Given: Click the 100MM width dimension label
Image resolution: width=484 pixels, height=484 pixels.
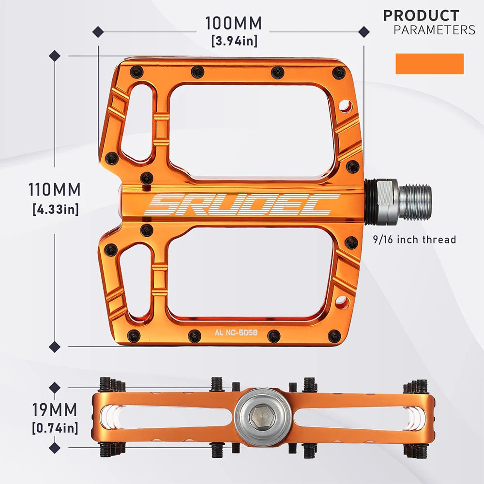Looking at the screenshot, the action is pyautogui.click(x=233, y=23).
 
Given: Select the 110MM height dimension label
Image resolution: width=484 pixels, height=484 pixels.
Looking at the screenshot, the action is pyautogui.click(x=54, y=189).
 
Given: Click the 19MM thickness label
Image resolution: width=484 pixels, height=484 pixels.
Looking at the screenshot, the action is pyautogui.click(x=55, y=410).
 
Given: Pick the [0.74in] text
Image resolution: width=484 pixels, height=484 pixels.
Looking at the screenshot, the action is pyautogui.click(x=55, y=428).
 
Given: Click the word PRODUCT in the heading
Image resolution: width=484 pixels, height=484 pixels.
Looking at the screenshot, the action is pyautogui.click(x=421, y=15).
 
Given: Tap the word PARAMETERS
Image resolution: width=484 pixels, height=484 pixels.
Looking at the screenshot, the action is pyautogui.click(x=434, y=30).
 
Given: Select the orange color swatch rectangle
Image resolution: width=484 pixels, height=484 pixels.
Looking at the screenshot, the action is pyautogui.click(x=429, y=64).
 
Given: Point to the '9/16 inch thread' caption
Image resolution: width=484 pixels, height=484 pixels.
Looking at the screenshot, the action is pyautogui.click(x=415, y=240).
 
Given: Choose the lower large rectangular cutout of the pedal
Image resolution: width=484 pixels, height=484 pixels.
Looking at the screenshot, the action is pyautogui.click(x=249, y=273).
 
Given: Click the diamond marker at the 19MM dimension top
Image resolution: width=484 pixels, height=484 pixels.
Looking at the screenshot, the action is pyautogui.click(x=55, y=388).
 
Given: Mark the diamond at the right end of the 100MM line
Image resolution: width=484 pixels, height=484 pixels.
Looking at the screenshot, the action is pyautogui.click(x=363, y=32).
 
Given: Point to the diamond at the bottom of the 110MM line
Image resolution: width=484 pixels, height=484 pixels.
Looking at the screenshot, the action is pyautogui.click(x=55, y=346).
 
